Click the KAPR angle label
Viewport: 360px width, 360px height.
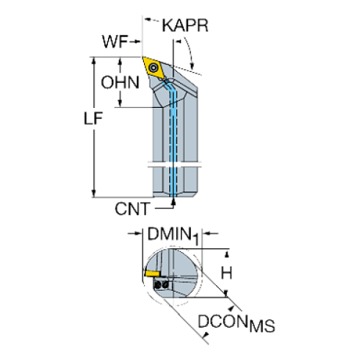click(187, 26)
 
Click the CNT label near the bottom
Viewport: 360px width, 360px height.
click(133, 208)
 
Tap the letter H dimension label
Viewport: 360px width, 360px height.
click(228, 273)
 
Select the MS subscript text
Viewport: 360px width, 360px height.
click(262, 325)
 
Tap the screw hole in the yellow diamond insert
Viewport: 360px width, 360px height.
click(154, 68)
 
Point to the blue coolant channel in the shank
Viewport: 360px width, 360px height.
click(173, 132)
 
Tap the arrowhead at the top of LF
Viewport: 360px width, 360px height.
click(93, 57)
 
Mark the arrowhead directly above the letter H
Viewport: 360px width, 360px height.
click(227, 253)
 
